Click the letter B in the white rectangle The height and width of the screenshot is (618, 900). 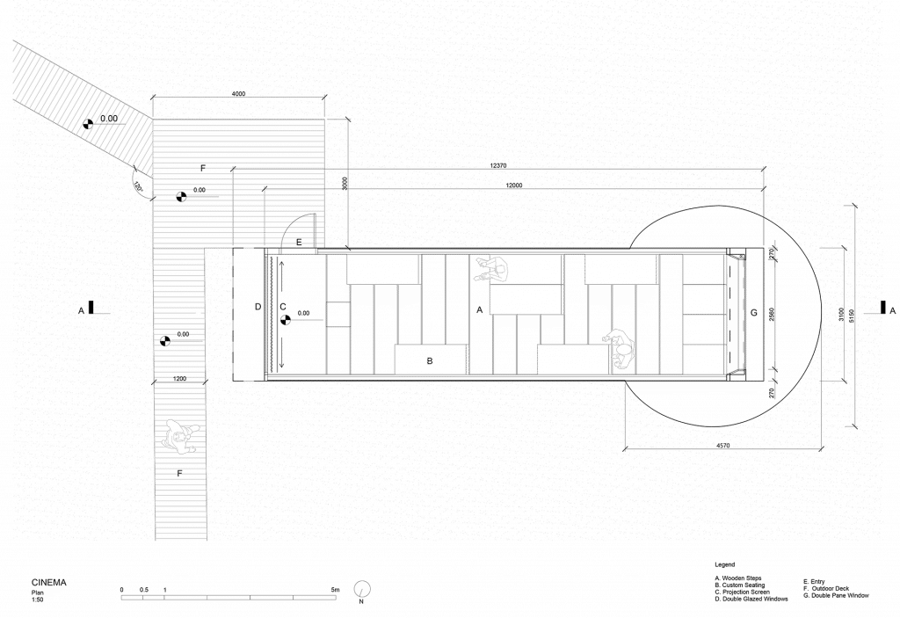point(430,360)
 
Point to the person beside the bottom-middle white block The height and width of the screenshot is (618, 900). point(621,348)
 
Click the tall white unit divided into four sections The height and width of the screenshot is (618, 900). point(704,314)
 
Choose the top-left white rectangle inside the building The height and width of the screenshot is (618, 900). point(383,269)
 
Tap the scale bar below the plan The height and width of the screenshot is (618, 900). point(229,594)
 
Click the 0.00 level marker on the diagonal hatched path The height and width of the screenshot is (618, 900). point(91,124)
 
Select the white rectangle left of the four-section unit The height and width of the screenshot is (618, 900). point(621,269)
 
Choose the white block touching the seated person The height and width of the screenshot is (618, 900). point(526,285)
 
